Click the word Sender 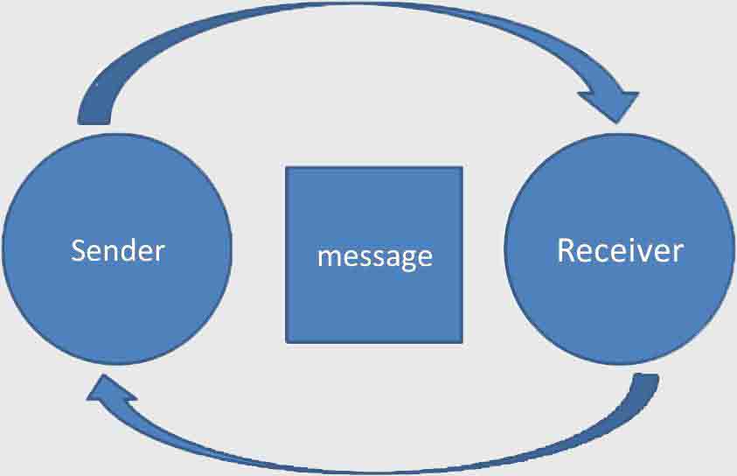coord(117,251)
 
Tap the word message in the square coord(374,255)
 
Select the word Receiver coord(620,251)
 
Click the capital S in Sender coord(79,251)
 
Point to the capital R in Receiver coord(566,250)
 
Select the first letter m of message coord(326,257)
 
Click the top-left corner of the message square coord(287,168)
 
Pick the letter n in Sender coord(110,253)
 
